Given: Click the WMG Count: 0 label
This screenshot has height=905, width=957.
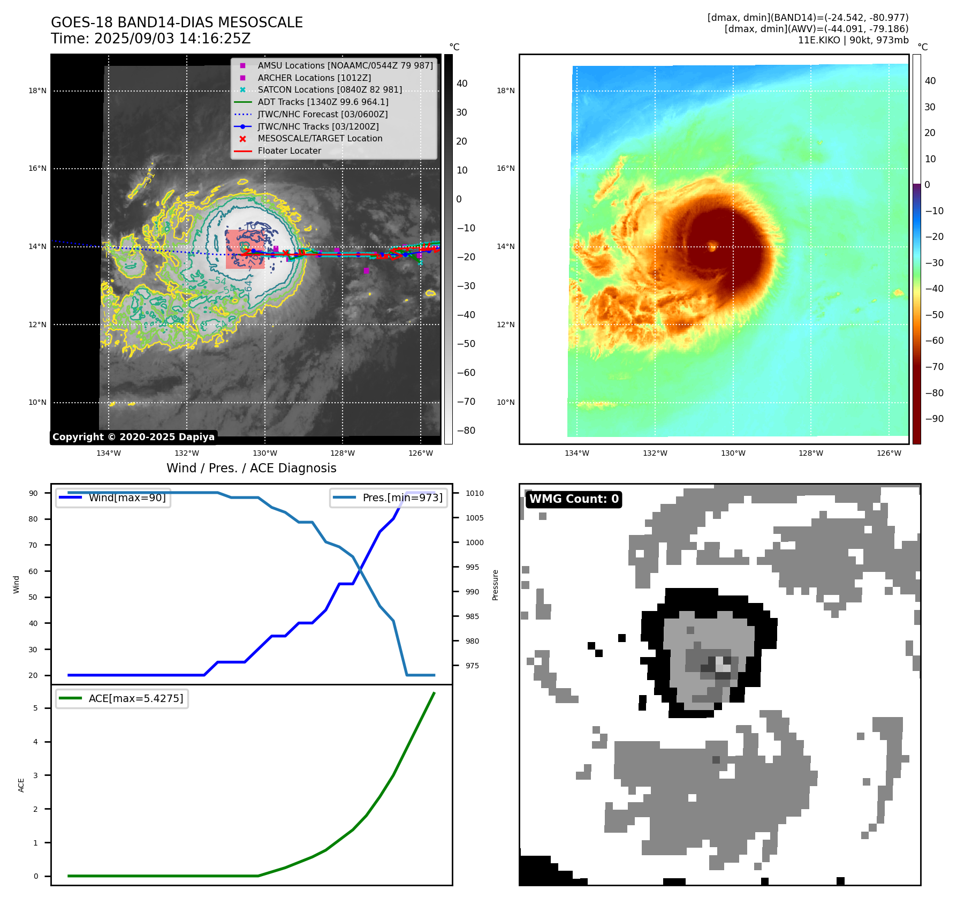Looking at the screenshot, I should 574,499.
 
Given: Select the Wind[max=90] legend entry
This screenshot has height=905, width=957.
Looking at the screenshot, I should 127,497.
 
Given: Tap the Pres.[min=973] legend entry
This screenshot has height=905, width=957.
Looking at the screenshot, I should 402,497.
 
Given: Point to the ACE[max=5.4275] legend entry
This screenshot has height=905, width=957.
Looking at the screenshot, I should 135,698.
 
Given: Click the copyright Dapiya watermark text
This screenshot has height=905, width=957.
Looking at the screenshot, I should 133,437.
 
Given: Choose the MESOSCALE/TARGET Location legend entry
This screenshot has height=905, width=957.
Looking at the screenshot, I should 320,139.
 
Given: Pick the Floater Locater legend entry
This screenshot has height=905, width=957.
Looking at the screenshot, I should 289,151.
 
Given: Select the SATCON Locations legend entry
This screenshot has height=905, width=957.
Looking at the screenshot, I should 329,90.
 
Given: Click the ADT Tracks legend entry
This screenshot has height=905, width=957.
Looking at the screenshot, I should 323,102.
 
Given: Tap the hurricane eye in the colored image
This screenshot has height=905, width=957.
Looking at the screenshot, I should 712,246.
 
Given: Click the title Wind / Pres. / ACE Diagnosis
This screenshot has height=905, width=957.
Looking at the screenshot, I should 251,468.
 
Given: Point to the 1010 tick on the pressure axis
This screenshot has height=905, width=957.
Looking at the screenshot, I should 474,493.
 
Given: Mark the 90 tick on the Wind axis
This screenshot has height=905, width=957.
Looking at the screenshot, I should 33,493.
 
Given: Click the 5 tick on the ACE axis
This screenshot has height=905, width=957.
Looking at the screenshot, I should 36,708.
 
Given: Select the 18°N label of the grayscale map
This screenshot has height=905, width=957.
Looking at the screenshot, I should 37,91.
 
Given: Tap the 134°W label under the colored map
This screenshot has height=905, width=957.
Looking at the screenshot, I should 576,453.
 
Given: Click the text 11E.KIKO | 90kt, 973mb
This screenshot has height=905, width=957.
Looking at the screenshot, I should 853,40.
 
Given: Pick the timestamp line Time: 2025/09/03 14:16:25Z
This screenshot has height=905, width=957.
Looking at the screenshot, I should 150,39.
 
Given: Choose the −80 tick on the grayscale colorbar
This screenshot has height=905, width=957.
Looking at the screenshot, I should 466,431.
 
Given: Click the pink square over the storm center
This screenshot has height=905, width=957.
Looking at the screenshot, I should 245,249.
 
